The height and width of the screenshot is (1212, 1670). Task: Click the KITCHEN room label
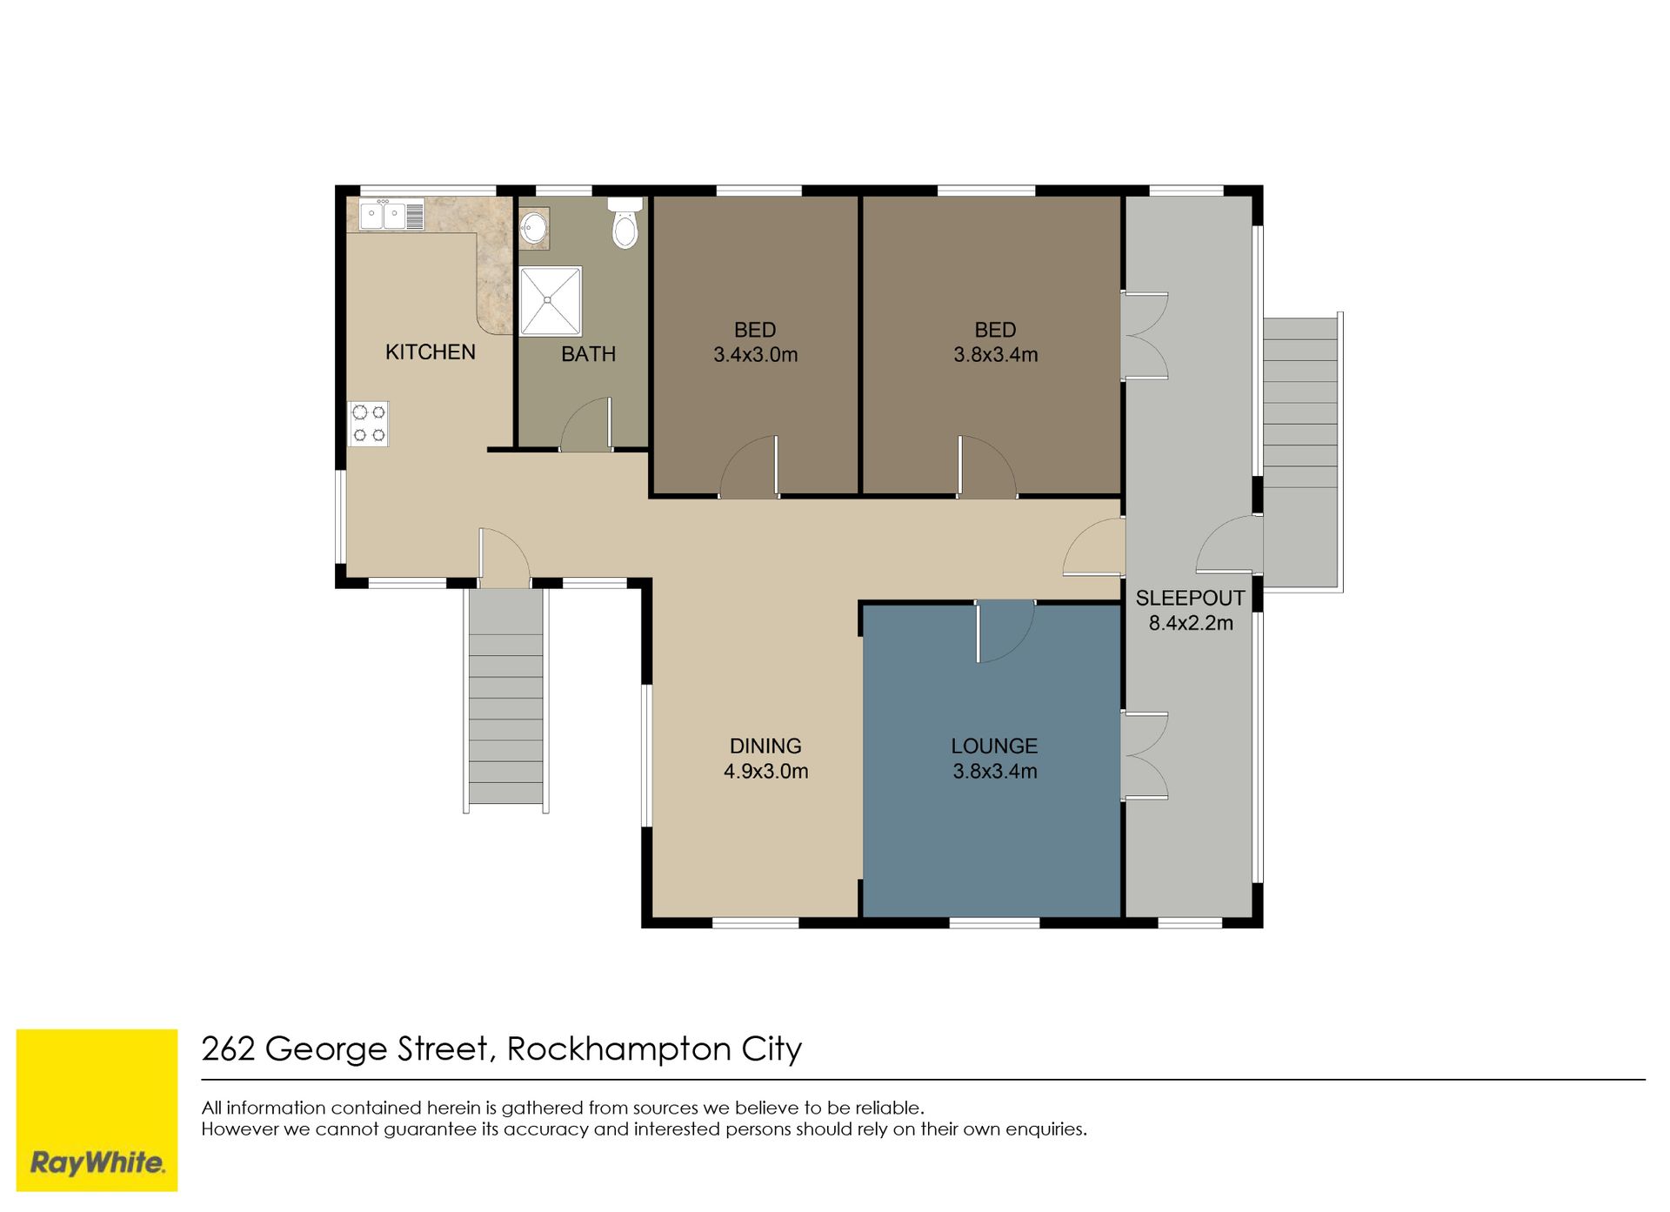[430, 352]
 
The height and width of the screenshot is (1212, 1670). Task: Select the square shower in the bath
[551, 301]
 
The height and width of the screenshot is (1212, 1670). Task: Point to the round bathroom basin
[534, 228]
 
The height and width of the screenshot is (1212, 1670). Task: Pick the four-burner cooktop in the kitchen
[369, 424]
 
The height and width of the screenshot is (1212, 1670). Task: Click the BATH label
[588, 354]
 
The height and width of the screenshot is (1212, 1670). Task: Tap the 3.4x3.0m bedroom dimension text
[755, 355]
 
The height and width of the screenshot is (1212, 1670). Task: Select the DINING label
[765, 747]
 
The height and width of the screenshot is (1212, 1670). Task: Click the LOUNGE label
[994, 747]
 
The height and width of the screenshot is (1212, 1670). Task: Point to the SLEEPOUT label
[1190, 599]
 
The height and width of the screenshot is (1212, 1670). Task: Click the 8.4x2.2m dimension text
[1191, 623]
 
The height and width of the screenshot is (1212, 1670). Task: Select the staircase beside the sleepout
[1302, 452]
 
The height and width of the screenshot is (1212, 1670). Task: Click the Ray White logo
[97, 1110]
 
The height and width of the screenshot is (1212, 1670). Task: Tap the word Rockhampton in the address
[618, 1049]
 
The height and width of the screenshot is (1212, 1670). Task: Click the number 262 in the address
[228, 1049]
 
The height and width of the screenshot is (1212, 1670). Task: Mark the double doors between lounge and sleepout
[1144, 755]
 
